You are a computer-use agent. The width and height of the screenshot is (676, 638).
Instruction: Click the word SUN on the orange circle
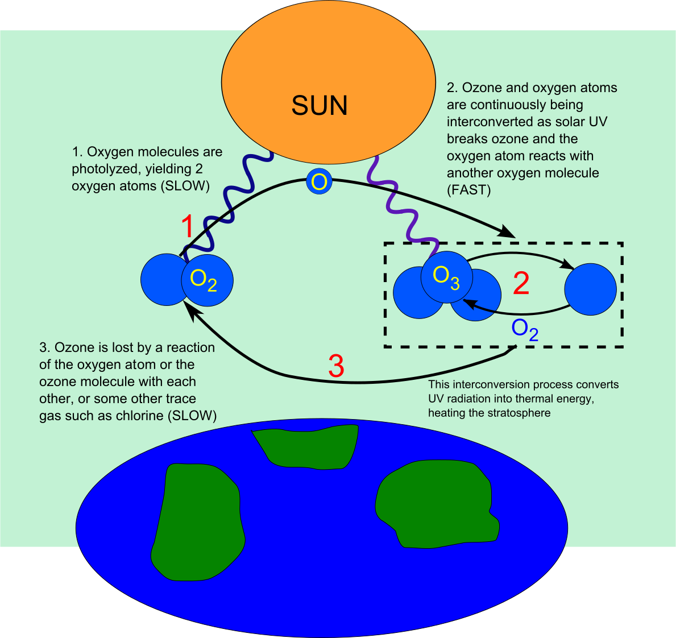coord(320,106)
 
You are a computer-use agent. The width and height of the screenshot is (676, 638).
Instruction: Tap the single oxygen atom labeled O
coord(319,182)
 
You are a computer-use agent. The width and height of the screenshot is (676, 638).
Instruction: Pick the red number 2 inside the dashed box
coord(521,283)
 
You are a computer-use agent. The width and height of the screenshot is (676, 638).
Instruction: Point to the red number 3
coord(336,366)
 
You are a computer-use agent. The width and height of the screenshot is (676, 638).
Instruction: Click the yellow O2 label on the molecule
coord(204,280)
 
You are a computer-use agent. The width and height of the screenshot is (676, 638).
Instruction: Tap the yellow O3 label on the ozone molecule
coord(446,277)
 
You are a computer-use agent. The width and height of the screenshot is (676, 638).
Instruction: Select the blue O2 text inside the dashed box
coord(525,330)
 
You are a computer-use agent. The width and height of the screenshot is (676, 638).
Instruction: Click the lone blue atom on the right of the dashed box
coord(590,289)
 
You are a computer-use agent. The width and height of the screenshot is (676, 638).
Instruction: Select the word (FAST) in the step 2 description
coord(468,190)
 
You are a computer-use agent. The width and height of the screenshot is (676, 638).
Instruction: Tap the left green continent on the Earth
coord(196,520)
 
